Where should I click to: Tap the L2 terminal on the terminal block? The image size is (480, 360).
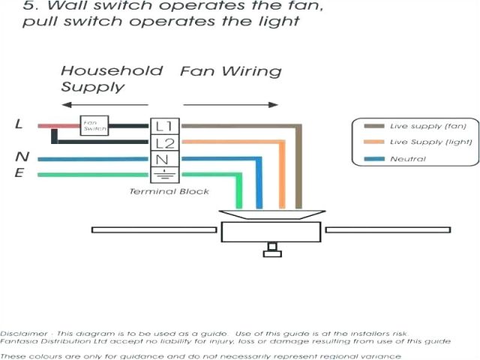pos(164,142)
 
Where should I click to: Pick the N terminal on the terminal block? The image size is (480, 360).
pos(164,159)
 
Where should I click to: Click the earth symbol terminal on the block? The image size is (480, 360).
pos(164,175)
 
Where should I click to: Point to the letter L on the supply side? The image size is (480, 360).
pos(19,124)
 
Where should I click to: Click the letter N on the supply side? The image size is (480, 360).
pos(22,157)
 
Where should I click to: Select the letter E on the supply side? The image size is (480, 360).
pos(19,174)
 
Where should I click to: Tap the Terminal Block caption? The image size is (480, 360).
pos(169,192)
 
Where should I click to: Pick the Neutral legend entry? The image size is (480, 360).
pos(407,159)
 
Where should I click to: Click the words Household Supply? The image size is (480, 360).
pos(111,79)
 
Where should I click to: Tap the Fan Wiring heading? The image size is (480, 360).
pos(230,72)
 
